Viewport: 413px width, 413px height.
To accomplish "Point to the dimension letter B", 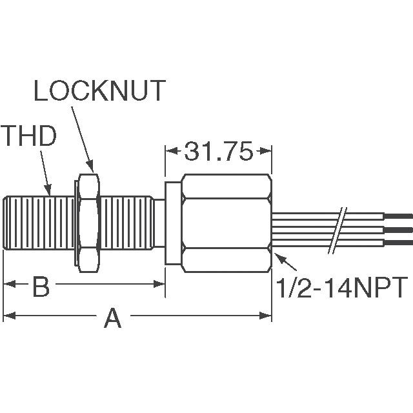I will point(41,287).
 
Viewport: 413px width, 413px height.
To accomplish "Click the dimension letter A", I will point(113,317).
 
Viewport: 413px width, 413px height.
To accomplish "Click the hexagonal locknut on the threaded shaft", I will point(88,217).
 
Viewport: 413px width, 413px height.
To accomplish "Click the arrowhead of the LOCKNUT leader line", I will point(92,169).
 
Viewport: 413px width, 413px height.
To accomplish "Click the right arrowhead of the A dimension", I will point(267,316).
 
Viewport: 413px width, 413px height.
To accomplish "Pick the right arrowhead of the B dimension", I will point(162,284).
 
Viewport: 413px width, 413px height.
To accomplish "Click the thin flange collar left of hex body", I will point(172,223).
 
